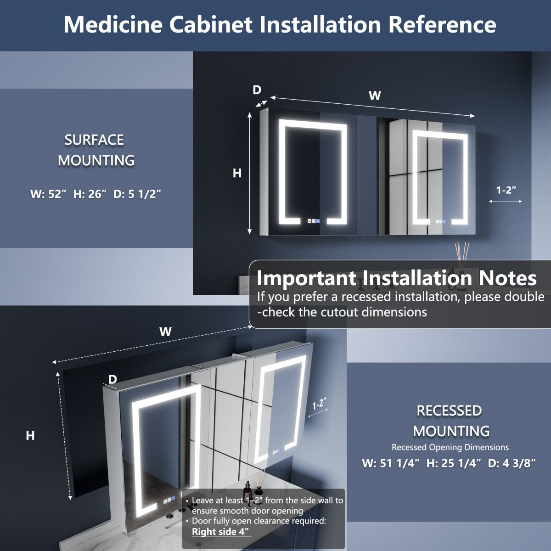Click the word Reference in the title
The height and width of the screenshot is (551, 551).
(x=442, y=24)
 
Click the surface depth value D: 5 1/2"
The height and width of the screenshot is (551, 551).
(x=137, y=194)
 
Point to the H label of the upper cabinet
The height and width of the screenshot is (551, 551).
(x=237, y=173)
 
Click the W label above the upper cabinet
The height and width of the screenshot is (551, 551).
(x=375, y=96)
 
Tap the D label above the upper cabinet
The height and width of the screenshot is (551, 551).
(x=257, y=90)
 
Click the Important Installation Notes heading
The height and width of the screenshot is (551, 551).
(x=396, y=278)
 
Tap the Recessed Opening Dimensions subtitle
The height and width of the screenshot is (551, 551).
(x=450, y=447)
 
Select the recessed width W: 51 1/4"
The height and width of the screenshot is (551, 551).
(x=391, y=463)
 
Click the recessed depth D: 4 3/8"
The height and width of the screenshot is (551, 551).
(x=512, y=463)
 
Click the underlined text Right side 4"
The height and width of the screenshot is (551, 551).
(x=221, y=532)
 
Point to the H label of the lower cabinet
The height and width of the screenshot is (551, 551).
(x=30, y=435)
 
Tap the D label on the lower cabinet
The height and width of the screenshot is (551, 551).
(x=112, y=379)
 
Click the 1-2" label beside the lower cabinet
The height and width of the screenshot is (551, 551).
(x=319, y=405)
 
